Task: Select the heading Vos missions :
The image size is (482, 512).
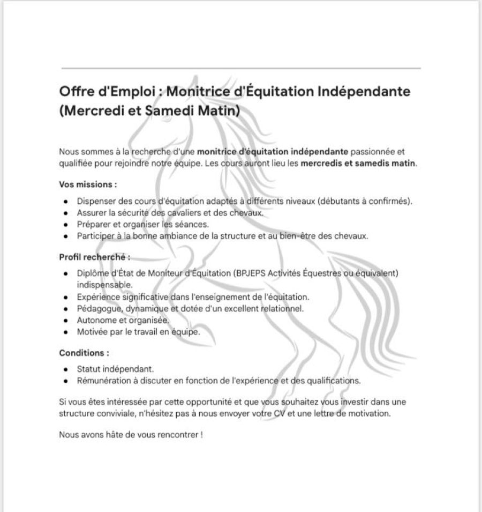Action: pos(88,183)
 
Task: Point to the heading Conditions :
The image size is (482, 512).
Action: pos(84,353)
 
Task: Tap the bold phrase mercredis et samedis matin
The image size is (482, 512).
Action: pos(358,162)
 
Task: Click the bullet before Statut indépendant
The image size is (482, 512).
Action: pos(65,370)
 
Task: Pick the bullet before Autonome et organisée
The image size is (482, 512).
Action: pos(65,320)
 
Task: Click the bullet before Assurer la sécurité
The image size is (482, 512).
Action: pos(65,213)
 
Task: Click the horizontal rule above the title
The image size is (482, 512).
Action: pos(241,69)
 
